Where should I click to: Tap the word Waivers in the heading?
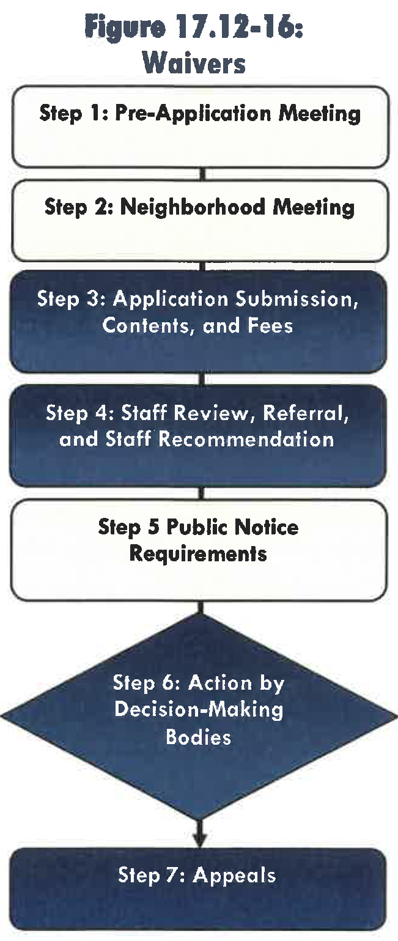pyautogui.click(x=199, y=64)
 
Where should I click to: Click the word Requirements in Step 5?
pyautogui.click(x=199, y=554)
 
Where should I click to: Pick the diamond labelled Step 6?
pyautogui.click(x=199, y=709)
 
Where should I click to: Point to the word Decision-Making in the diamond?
pyautogui.click(x=199, y=710)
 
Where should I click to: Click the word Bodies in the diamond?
pyautogui.click(x=199, y=737)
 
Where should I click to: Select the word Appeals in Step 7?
pyautogui.click(x=234, y=875)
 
